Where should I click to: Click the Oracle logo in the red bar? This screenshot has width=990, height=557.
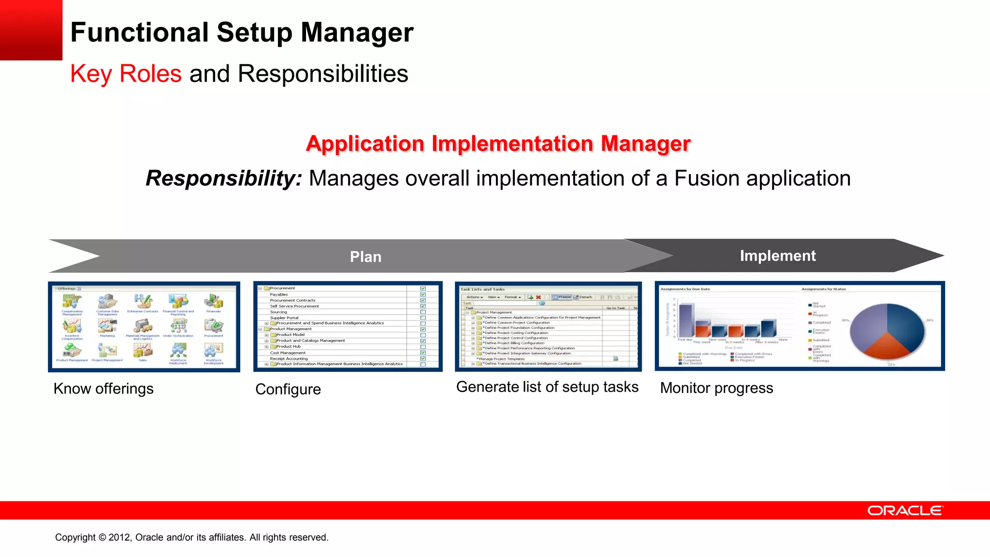[x=905, y=511]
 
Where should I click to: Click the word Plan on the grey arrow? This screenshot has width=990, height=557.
[x=365, y=257]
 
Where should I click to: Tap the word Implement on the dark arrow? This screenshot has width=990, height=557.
[x=777, y=256]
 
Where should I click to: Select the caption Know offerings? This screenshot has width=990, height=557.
[x=103, y=389]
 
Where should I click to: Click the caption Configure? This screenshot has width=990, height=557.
[x=288, y=389]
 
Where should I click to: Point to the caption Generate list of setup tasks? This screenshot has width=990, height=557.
[x=547, y=387]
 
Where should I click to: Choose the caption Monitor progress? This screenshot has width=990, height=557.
[x=716, y=388]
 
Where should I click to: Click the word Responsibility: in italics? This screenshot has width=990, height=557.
[x=224, y=178]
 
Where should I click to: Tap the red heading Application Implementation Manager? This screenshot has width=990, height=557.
[x=498, y=144]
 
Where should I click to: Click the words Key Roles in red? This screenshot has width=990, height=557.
[x=126, y=74]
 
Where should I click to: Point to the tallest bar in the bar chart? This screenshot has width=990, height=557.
[x=686, y=320]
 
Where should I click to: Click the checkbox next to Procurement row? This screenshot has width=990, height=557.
[x=423, y=288]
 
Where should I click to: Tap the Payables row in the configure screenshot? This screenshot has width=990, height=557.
[x=279, y=294]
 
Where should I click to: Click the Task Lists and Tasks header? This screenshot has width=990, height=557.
[x=482, y=289]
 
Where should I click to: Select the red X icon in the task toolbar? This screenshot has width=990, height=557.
[x=538, y=297]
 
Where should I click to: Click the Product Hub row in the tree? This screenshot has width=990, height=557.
[x=289, y=347]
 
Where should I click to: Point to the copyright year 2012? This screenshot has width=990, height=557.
[x=118, y=538]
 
